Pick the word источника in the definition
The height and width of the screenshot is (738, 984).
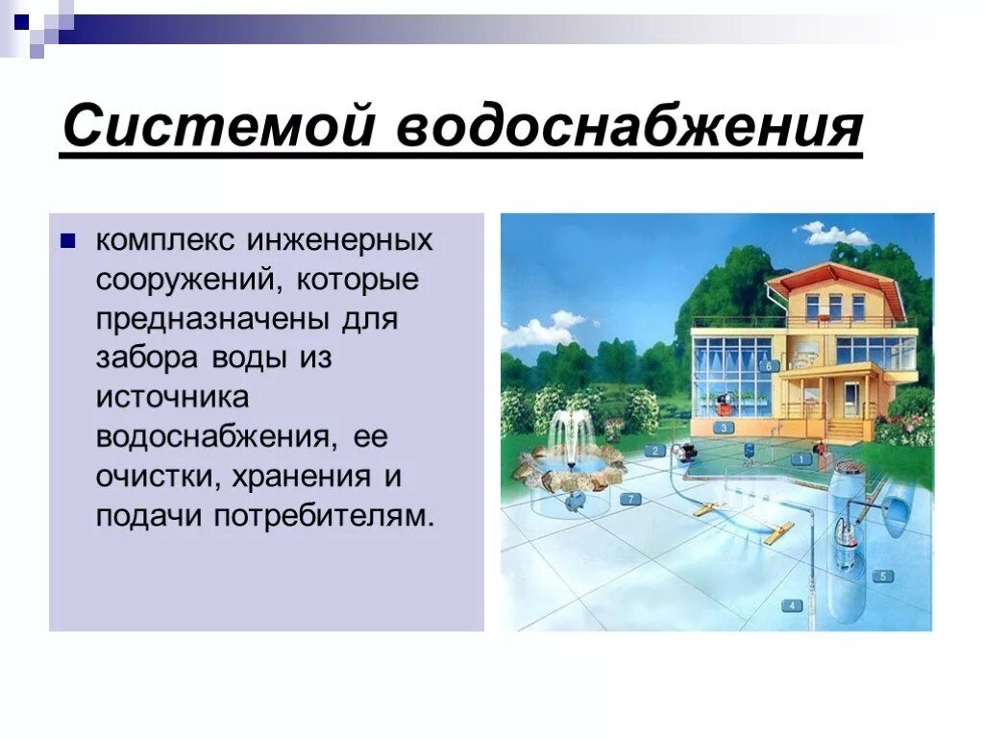(x=172, y=396)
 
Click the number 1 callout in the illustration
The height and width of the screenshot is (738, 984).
(x=799, y=459)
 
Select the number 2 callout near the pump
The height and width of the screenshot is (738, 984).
(x=655, y=450)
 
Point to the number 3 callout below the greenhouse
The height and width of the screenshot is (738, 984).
(x=724, y=428)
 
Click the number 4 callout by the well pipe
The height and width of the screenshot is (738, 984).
(x=792, y=605)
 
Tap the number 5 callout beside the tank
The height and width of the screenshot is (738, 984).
(x=881, y=576)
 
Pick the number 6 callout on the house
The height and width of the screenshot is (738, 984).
(x=768, y=365)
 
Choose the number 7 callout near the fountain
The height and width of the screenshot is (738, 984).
(x=630, y=499)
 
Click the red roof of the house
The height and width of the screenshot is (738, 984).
(x=836, y=278)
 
